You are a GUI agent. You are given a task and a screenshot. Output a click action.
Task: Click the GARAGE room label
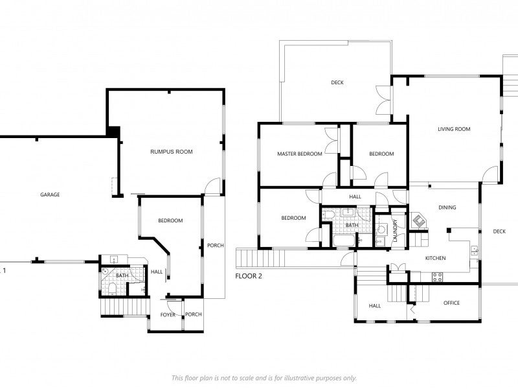click(50, 194)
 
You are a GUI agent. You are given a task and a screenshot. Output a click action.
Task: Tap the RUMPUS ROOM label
click(172, 152)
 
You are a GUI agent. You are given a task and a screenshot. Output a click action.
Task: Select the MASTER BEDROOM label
click(300, 154)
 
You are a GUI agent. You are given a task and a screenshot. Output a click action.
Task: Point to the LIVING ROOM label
click(454, 129)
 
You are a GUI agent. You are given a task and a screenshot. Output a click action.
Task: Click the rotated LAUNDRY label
click(395, 231)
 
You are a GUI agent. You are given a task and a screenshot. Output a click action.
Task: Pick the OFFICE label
click(451, 303)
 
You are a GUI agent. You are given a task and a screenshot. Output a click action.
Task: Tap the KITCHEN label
click(435, 258)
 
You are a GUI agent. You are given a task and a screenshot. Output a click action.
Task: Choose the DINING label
click(447, 207)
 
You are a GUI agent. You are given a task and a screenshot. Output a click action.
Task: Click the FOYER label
click(168, 314)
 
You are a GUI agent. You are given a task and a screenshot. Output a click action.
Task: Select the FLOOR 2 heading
click(249, 276)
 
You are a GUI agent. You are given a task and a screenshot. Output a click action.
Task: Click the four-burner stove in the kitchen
click(438, 277)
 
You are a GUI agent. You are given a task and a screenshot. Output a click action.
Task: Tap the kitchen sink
click(474, 250)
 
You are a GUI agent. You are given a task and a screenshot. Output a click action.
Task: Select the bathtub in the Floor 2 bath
click(344, 241)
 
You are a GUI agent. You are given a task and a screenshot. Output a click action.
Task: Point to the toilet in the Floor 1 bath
click(112, 289)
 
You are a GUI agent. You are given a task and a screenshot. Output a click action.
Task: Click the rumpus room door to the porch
click(212, 187)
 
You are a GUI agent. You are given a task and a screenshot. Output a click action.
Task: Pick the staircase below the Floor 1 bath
click(125, 307)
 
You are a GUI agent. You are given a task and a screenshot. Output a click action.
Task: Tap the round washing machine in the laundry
click(382, 229)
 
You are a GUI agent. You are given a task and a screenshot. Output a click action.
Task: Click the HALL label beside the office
click(375, 306)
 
